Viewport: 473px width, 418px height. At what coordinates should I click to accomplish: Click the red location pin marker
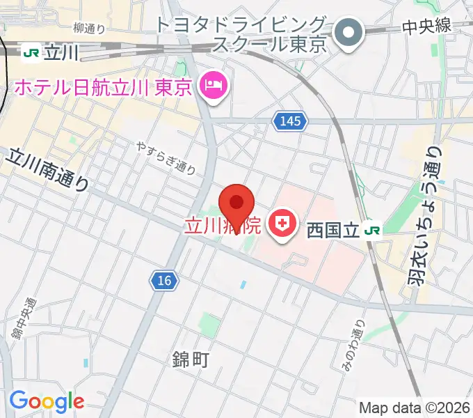(236, 203)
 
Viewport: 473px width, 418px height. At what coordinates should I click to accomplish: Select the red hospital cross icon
(282, 224)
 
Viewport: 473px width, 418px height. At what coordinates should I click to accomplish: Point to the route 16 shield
(164, 281)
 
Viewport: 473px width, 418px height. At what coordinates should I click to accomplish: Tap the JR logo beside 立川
(31, 52)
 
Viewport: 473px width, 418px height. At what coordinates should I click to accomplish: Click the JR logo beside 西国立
(374, 229)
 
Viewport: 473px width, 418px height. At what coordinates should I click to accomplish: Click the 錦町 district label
(189, 359)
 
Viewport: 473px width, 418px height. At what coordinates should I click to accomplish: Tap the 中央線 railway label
(426, 26)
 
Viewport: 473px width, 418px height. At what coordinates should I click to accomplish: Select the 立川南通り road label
(49, 169)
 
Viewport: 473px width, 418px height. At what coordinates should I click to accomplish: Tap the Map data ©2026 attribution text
(414, 407)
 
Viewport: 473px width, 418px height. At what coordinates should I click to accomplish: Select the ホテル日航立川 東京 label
(104, 88)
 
